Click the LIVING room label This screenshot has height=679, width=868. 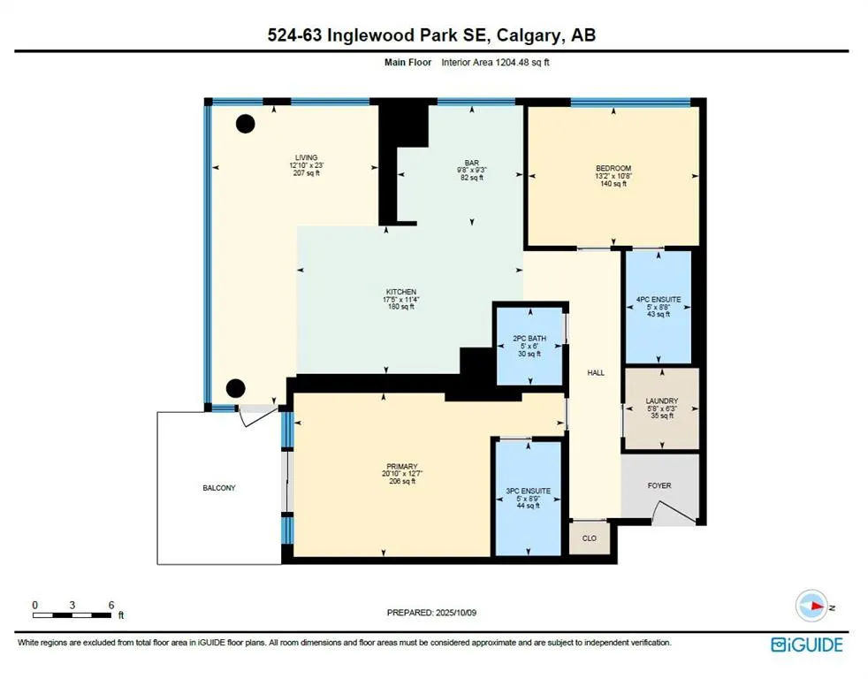(306, 158)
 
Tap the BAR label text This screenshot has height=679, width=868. (472, 163)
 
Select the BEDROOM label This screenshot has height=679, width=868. (613, 168)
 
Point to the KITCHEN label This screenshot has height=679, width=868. (401, 292)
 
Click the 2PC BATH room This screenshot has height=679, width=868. (529, 347)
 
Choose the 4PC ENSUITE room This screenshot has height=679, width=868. (659, 308)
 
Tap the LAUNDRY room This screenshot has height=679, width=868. (662, 408)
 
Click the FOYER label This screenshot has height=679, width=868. (659, 485)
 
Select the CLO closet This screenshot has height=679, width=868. (590, 538)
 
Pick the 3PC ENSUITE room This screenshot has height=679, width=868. (528, 499)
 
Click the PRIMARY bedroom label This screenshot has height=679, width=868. (402, 466)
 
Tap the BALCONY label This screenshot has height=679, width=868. (219, 488)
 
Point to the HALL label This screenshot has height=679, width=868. (596, 373)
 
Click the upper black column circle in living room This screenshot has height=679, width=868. (245, 124)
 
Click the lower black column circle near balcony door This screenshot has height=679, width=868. (236, 388)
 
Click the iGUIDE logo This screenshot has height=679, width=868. (807, 645)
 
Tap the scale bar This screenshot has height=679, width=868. (72, 614)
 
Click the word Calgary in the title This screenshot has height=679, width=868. (528, 35)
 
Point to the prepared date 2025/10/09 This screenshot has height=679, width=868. (456, 613)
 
